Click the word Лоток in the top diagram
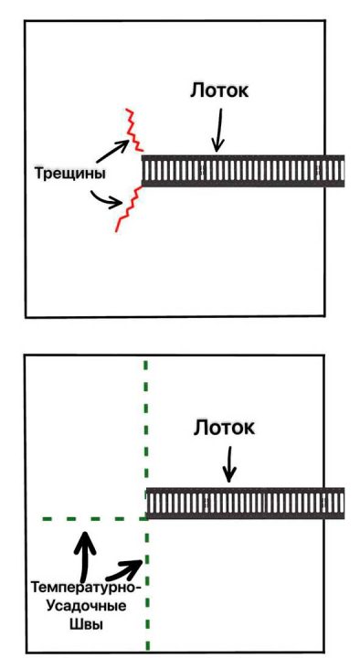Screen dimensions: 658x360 (x=219, y=91)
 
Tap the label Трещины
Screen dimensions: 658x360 (x=67, y=173)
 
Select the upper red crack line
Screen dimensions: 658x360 (x=133, y=131)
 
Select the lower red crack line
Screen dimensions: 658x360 (x=128, y=207)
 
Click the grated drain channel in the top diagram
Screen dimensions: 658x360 (x=242, y=171)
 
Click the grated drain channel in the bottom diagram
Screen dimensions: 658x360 (x=247, y=504)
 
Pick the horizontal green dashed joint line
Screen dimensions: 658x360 (x=91, y=519)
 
